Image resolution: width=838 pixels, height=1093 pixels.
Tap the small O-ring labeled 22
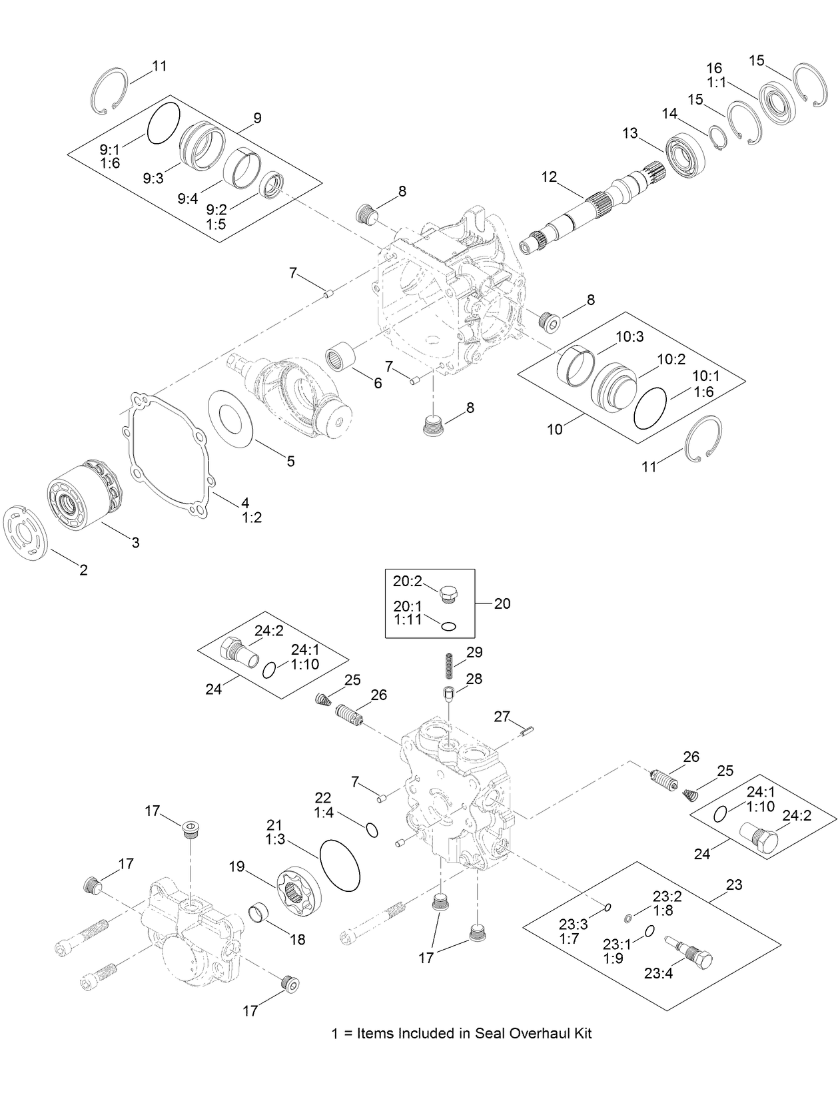[372, 830]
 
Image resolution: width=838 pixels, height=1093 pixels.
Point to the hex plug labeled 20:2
[450, 593]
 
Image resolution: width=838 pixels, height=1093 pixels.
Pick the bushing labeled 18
[258, 911]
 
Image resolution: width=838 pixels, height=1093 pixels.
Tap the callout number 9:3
[153, 179]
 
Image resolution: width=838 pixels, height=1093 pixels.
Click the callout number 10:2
[671, 360]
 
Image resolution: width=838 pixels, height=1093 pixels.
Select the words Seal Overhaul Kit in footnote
[533, 1033]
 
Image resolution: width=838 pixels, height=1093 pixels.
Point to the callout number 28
[474, 679]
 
